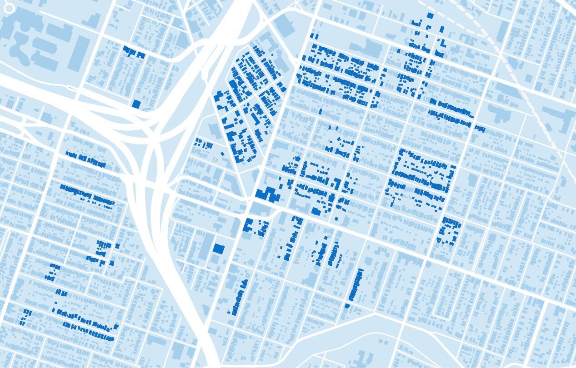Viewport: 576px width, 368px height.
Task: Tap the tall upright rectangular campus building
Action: tap(79, 52)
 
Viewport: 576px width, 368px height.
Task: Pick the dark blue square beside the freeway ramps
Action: tap(136, 104)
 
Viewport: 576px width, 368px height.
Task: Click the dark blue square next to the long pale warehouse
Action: tap(219, 249)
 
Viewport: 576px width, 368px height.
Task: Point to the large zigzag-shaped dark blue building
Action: tap(268, 194)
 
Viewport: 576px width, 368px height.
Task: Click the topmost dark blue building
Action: tap(430, 15)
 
